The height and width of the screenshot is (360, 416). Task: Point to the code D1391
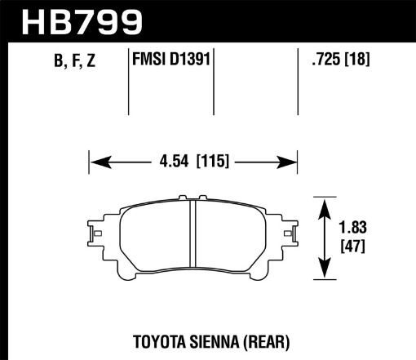click(x=189, y=59)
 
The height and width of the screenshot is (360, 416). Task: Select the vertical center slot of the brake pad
click(x=192, y=238)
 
